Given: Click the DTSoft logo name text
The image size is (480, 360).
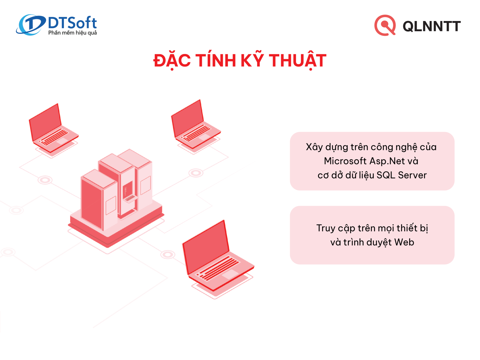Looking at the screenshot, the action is (72, 23).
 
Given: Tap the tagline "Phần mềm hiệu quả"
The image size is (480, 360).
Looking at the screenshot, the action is (72, 33).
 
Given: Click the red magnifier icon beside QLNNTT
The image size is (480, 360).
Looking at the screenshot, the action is (385, 25).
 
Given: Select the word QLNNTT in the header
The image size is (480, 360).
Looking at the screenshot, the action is (431, 26).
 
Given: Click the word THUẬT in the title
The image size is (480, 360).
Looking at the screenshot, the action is (297, 60).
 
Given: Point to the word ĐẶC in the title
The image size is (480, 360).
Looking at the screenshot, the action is (172, 60).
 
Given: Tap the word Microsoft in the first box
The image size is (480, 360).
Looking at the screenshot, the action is (345, 161).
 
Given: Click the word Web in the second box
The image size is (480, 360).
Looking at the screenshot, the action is (404, 242).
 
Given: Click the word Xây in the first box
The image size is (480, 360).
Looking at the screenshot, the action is (314, 147).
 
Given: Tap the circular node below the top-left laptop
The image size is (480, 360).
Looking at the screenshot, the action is (45, 180).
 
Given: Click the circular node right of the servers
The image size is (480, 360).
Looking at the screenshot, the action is (196, 173).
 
